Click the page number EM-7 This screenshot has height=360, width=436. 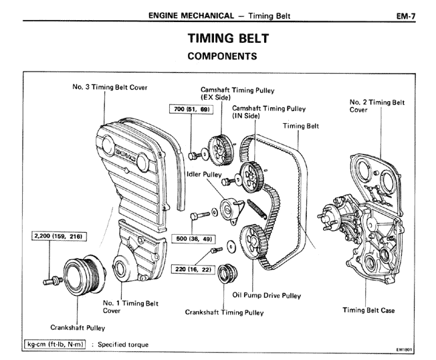click(x=405, y=13)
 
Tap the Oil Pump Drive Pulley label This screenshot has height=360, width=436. click(x=267, y=295)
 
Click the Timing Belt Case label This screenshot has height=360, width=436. click(x=368, y=310)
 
